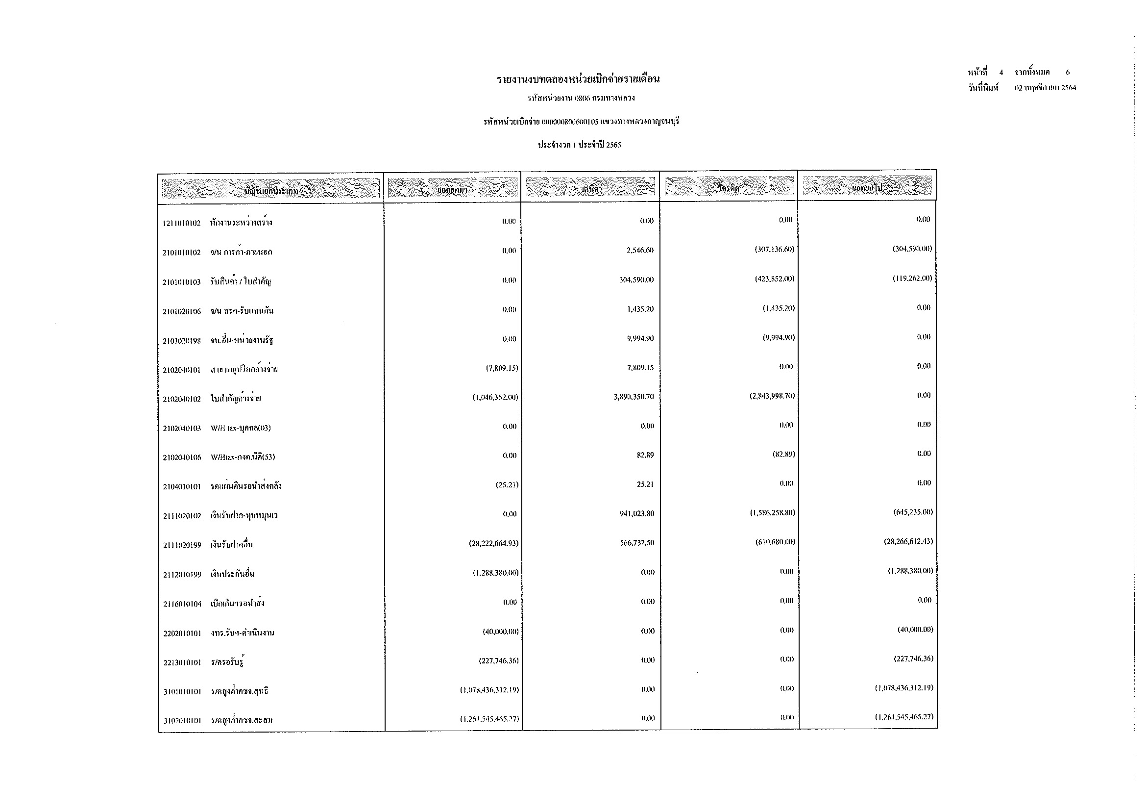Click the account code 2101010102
(x=181, y=253)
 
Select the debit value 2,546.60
(x=640, y=250)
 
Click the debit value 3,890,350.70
(x=634, y=397)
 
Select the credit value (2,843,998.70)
(x=772, y=396)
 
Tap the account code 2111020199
(x=182, y=545)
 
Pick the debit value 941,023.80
(x=637, y=513)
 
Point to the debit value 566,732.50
(x=637, y=543)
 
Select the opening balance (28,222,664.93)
(x=490, y=543)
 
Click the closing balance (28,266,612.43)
(x=908, y=541)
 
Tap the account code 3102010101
(x=182, y=721)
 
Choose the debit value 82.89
(x=645, y=455)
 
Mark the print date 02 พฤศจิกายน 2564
(x=1045, y=88)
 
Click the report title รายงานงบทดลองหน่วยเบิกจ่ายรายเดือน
(x=578, y=79)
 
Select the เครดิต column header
(x=729, y=188)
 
